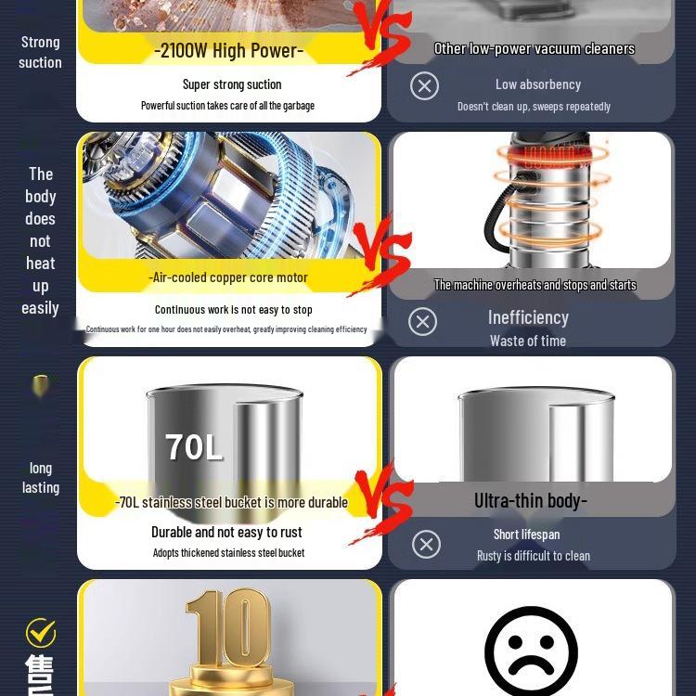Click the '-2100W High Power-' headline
coord(229,50)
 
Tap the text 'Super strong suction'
coord(232,84)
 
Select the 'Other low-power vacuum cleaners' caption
coord(535,48)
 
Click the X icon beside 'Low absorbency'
coord(424,86)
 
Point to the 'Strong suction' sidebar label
coord(40,52)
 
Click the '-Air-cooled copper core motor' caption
coord(228,277)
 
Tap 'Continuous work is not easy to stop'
coord(233,310)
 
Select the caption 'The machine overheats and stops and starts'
coord(535,285)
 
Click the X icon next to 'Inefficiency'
coord(422,321)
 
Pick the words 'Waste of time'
coord(528,341)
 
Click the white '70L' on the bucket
coord(194,447)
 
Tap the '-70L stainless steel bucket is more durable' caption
coord(231,502)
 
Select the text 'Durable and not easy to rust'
coord(226,532)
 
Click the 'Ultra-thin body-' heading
coord(531,501)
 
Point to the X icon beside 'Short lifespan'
coord(426,544)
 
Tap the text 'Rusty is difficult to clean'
coord(534,556)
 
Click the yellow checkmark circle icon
coord(41,633)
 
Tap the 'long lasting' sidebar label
coord(40,478)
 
